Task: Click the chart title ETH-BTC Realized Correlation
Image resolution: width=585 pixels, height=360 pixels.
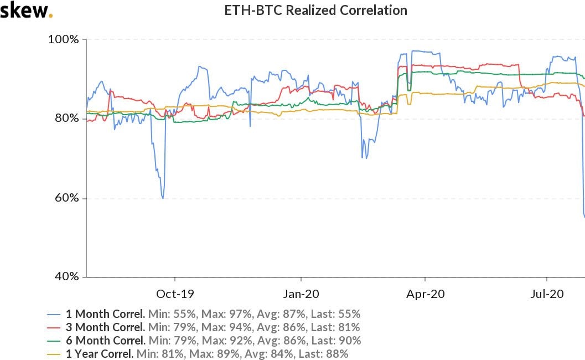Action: [315, 11]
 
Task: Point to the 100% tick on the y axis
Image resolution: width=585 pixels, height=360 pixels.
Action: [65, 39]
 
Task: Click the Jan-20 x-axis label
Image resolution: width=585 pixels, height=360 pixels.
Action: [301, 294]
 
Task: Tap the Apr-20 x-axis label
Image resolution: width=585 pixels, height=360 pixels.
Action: [425, 294]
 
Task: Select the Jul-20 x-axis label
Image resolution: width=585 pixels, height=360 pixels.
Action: [547, 294]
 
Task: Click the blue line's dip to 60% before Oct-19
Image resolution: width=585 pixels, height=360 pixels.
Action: [162, 197]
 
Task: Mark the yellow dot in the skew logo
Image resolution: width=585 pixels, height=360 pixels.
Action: [51, 16]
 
